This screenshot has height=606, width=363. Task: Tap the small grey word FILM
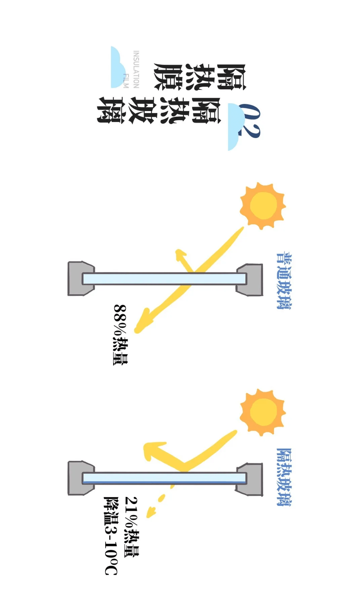click(x=126, y=81)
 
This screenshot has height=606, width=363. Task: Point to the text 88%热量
click(x=120, y=335)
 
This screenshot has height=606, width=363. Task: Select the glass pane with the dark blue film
click(x=164, y=478)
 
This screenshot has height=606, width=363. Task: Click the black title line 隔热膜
click(x=200, y=77)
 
